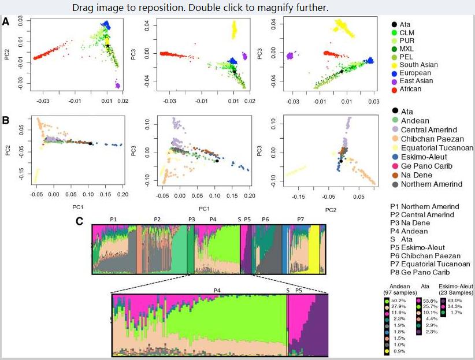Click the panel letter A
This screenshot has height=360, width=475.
pos(6,21)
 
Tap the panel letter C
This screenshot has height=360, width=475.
pos(81,221)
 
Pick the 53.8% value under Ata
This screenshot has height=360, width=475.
pos(431,301)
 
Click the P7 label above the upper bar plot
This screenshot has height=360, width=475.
pos(300,220)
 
